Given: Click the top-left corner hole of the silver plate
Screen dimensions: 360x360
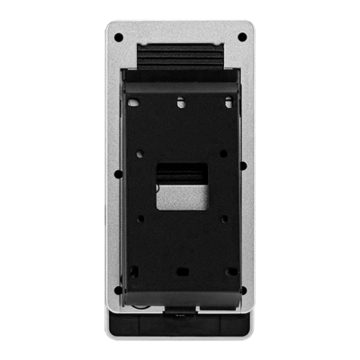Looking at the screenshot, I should pyautogui.click(x=118, y=37).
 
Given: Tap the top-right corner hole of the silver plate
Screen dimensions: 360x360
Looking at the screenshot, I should pyautogui.click(x=242, y=37).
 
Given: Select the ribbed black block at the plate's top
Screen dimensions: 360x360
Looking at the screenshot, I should pyautogui.click(x=180, y=58).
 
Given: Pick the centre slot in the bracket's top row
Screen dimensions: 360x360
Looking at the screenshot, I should pyautogui.click(x=180, y=103).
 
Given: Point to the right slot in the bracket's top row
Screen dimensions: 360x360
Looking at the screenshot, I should pyautogui.click(x=229, y=103).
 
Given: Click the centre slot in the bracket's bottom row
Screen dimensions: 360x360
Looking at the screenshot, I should pyautogui.click(x=180, y=271).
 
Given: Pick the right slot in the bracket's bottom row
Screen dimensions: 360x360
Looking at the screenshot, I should pyautogui.click(x=230, y=271).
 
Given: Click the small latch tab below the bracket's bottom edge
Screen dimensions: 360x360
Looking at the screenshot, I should pyautogui.click(x=180, y=315).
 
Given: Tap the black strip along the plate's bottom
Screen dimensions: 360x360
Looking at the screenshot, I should pyautogui.click(x=180, y=325).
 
